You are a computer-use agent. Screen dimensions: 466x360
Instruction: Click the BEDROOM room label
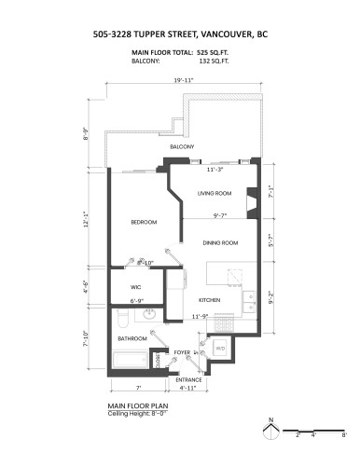[143, 222]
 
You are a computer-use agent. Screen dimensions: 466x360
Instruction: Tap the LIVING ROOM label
[214, 193]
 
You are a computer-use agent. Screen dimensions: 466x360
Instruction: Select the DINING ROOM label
[221, 243]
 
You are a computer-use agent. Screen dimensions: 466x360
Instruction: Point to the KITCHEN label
[208, 300]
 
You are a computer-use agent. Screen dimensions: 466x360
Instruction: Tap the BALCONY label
[181, 147]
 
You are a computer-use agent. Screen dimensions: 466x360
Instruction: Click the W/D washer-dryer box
[221, 349]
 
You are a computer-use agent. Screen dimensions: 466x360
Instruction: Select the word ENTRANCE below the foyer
[189, 380]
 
